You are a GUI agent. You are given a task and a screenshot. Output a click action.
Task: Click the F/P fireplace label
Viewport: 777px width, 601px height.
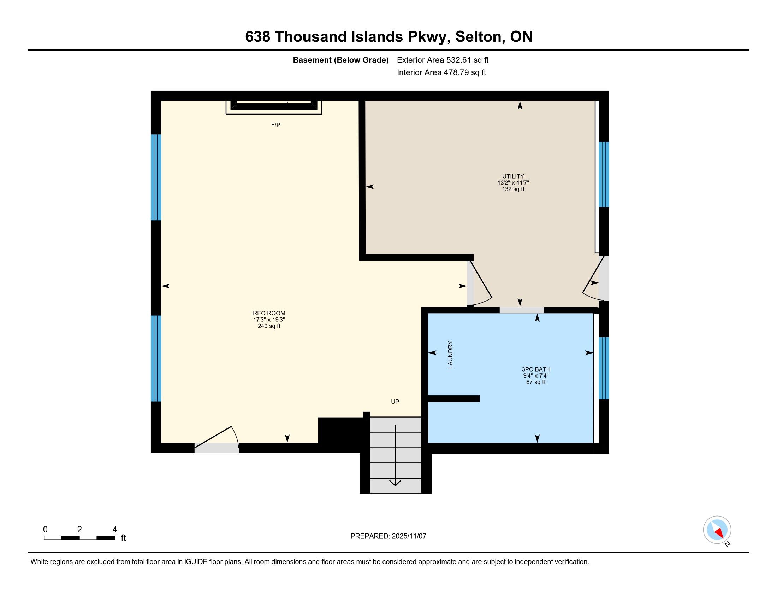pos(276,125)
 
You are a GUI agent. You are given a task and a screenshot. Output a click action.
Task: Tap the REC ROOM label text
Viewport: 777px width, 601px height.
pos(269,313)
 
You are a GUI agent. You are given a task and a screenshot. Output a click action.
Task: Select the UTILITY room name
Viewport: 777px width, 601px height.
pos(513,176)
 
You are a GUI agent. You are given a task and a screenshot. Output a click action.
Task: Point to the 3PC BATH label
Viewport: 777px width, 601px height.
pos(536,369)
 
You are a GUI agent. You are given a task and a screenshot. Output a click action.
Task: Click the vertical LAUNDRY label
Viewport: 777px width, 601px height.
pos(450,355)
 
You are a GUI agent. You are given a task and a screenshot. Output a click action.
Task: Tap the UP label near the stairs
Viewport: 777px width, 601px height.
pos(395,402)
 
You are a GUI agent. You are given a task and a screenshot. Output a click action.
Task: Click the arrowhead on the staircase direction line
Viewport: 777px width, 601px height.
pos(395,483)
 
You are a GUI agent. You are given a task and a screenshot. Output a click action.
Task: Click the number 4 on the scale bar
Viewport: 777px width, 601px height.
pos(114,530)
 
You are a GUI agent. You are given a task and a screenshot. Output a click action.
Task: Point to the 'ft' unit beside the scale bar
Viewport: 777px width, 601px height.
pos(124,538)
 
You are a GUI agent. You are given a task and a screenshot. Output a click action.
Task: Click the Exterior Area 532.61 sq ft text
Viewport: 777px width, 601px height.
pos(443,60)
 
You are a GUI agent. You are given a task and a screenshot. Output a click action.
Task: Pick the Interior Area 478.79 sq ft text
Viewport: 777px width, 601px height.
pos(441,72)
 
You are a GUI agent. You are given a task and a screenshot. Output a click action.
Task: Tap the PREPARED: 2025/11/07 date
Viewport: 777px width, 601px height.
pos(388,536)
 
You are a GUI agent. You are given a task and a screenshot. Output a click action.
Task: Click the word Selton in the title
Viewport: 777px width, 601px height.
pos(478,37)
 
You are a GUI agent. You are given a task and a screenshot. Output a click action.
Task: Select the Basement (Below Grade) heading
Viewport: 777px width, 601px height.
pos(340,60)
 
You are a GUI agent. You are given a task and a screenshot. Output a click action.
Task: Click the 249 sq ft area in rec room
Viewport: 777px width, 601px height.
pos(269,326)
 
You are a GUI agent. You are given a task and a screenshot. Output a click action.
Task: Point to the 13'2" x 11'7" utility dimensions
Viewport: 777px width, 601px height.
pos(513,183)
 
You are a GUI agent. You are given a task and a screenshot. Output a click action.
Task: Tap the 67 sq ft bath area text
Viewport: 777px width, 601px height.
pos(536,382)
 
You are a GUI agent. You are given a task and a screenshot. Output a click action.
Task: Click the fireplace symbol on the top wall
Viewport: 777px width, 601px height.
pos(274,107)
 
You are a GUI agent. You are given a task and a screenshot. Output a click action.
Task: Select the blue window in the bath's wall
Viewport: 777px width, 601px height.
pos(604,368)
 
